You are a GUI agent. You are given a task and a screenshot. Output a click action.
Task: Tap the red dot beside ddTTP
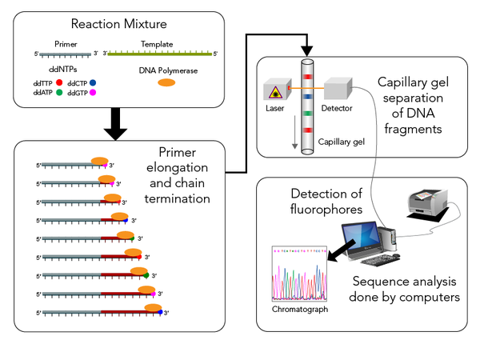[x=58, y=82]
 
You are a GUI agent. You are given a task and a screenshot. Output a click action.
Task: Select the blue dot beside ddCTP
[x=94, y=82]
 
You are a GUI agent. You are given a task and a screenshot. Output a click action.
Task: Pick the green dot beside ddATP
[x=58, y=93]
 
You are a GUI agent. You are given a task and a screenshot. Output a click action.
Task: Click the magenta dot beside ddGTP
[x=94, y=94]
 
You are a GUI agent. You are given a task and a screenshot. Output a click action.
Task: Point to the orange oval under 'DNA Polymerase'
[x=166, y=82]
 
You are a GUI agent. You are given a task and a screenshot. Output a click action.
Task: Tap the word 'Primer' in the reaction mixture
[x=66, y=45]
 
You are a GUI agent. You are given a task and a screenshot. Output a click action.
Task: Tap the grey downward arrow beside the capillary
[x=294, y=138]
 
